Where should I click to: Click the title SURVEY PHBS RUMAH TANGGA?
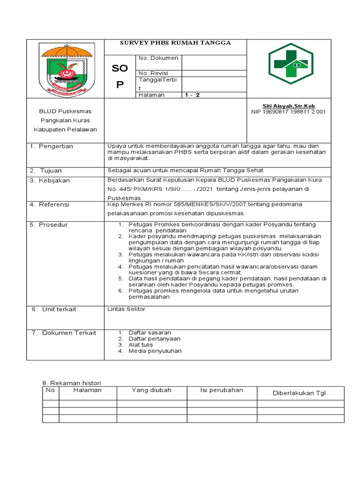pyautogui.click(x=176, y=43)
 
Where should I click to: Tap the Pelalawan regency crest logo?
pyautogui.click(x=65, y=68)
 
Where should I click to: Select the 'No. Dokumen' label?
pyautogui.click(x=158, y=58)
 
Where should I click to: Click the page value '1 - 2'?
pyautogui.click(x=192, y=95)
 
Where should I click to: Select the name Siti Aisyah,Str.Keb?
pyautogui.click(x=289, y=106)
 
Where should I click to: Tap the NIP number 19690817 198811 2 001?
pyautogui.click(x=289, y=112)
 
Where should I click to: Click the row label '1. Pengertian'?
pyautogui.click(x=52, y=146)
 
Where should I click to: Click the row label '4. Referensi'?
pyautogui.click(x=49, y=204)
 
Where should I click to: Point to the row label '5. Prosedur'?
pyautogui.click(x=49, y=225)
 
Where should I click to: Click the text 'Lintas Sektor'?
pyautogui.click(x=127, y=309)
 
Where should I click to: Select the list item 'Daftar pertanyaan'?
pyautogui.click(x=154, y=338)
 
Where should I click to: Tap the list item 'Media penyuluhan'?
pyautogui.click(x=155, y=351)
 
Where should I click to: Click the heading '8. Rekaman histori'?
pyautogui.click(x=72, y=383)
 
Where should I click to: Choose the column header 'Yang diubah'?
pyautogui.click(x=151, y=390)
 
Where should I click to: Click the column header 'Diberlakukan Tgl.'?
pyautogui.click(x=300, y=393)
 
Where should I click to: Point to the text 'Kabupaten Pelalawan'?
pyautogui.click(x=65, y=129)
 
